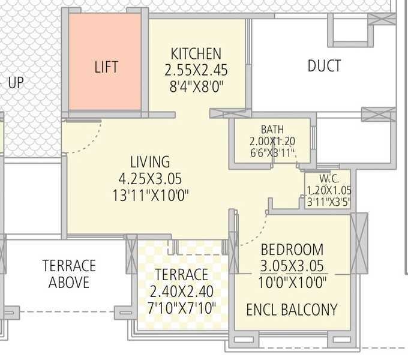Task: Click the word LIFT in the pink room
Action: click(106, 67)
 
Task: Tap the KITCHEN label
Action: click(196, 53)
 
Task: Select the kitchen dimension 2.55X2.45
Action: click(196, 70)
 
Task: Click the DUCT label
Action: click(324, 66)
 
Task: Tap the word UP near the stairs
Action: click(16, 83)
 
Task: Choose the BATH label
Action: click(272, 130)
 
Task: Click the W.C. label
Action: click(329, 178)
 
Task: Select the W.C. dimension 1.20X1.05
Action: click(329, 190)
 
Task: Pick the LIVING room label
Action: click(150, 162)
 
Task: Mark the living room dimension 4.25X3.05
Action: click(150, 178)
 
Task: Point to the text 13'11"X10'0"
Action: click(150, 195)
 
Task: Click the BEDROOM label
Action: click(292, 250)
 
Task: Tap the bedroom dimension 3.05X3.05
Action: click(292, 266)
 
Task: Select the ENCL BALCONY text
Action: click(292, 310)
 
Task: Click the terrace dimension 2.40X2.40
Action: click(182, 292)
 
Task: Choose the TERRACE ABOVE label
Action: click(69, 274)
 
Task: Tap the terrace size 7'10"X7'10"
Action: click(182, 308)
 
